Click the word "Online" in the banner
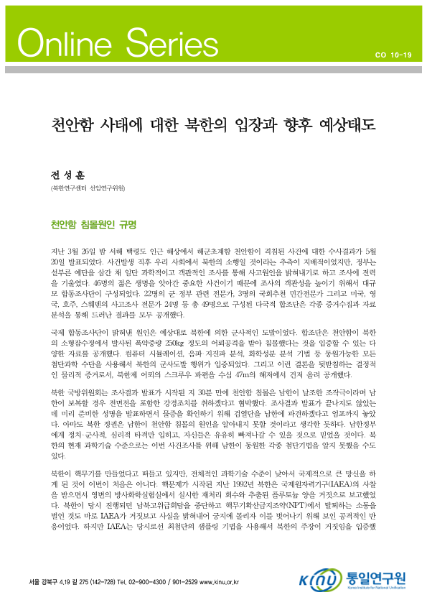point(62,45)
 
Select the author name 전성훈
point(62,174)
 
